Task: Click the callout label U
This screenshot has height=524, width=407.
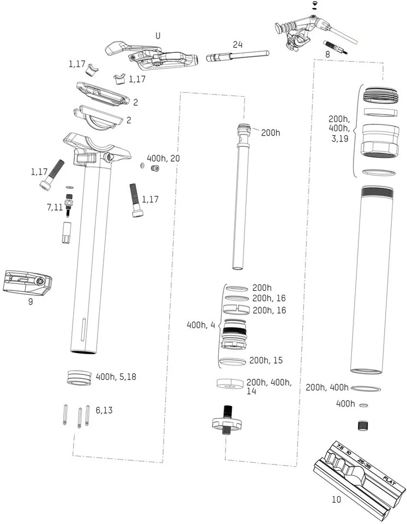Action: [158, 35]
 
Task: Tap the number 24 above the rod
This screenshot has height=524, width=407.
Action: [237, 45]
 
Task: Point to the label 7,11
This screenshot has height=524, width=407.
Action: [55, 207]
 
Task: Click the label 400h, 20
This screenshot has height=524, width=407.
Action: [163, 158]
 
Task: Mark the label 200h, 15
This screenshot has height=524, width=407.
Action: [267, 361]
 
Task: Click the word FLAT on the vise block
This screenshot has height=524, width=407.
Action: [388, 480]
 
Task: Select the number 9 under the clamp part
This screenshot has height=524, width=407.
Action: [30, 301]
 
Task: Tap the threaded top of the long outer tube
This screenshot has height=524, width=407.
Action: [376, 192]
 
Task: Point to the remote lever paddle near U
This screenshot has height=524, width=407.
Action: [115, 48]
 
